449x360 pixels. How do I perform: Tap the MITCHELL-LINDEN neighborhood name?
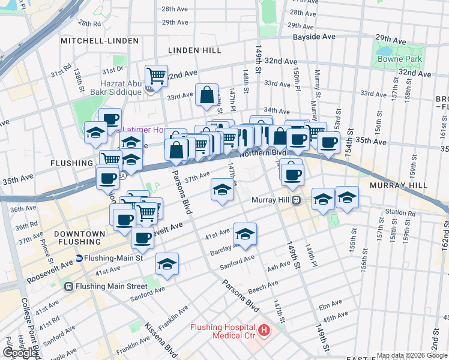click(100, 41)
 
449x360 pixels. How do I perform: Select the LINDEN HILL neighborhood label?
click(194, 50)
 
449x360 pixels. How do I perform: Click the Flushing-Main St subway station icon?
click(79, 259)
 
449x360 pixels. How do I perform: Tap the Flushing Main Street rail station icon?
click(69, 286)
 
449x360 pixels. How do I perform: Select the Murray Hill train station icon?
click(296, 200)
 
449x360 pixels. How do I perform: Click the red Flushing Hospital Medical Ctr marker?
click(263, 330)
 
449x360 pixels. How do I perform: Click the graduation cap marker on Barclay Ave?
click(245, 234)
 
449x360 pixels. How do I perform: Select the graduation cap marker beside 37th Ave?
click(222, 191)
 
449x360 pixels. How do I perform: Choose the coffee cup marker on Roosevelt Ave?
click(142, 238)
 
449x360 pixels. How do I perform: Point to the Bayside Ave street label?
click(314, 37)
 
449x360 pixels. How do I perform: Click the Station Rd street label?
click(400, 212)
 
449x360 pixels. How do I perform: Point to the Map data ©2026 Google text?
click(411, 355)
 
